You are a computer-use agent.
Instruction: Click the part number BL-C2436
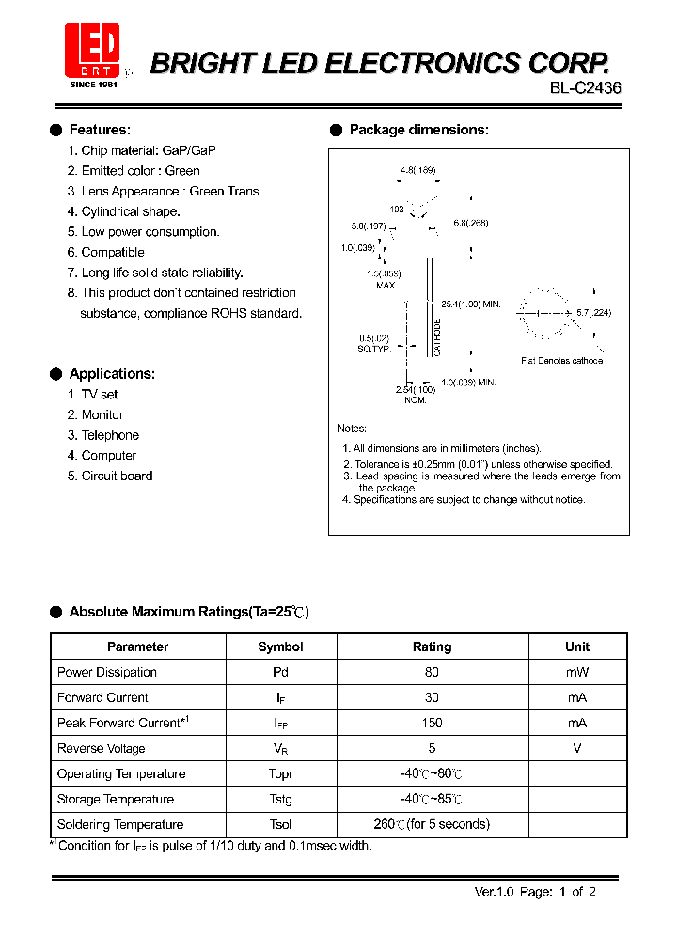(x=585, y=88)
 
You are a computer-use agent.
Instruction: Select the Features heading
(x=100, y=130)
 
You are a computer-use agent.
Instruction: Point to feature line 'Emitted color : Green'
(x=140, y=171)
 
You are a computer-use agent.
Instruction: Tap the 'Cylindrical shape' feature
(x=130, y=211)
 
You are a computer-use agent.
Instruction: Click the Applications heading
(x=112, y=374)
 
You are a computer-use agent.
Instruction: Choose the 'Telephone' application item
(x=110, y=435)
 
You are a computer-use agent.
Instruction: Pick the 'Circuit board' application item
(x=117, y=476)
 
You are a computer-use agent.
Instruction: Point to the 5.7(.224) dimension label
(x=593, y=313)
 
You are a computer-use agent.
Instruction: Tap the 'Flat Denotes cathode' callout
(x=561, y=361)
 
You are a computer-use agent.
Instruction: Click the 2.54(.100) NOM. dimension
(x=416, y=394)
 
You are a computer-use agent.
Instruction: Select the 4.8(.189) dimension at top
(x=417, y=170)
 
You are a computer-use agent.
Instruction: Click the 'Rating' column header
(x=432, y=647)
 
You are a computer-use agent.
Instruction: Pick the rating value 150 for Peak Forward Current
(x=432, y=724)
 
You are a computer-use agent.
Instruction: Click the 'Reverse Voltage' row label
(x=102, y=749)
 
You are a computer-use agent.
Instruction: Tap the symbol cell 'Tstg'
(x=280, y=800)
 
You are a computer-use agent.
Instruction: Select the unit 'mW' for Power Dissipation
(x=576, y=673)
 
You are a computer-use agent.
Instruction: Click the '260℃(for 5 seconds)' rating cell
(x=432, y=825)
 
